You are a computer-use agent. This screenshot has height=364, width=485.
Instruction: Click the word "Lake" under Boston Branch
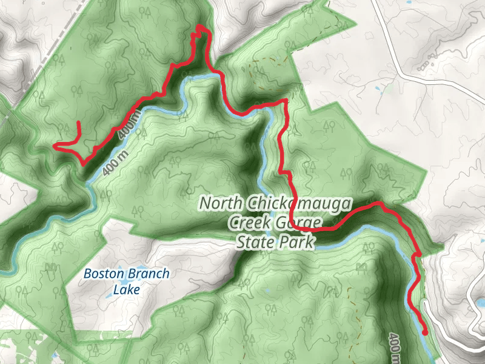point(126,289)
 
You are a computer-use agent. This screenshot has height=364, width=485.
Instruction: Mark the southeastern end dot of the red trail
point(425,332)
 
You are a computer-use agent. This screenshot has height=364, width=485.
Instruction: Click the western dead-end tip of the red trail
point(56,146)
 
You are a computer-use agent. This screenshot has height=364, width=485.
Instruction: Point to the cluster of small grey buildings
point(427,61)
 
